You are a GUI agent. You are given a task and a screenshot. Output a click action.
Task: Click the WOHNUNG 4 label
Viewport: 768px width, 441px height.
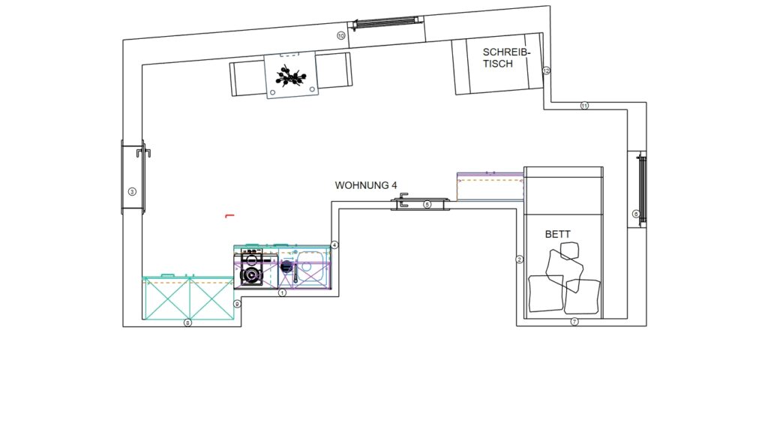pos(366,185)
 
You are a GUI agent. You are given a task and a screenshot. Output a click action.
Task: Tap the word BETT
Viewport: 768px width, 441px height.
pos(558,234)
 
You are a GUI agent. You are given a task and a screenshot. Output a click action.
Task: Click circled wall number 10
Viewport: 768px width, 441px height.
pos(341,36)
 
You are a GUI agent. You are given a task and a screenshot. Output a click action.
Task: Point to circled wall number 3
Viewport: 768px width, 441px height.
pos(132,191)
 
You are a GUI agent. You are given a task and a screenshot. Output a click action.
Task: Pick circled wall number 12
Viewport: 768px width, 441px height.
pos(546,70)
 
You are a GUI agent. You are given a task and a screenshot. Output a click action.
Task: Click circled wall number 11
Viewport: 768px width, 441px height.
pos(584,105)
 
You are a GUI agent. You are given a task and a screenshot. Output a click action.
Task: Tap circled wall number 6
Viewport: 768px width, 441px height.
pos(636,214)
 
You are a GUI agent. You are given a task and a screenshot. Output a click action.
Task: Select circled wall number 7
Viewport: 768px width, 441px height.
pos(574,322)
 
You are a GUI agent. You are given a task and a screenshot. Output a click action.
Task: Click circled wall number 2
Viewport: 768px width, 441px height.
pos(520,259)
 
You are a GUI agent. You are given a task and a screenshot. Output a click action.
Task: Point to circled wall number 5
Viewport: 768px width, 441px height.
pos(427,204)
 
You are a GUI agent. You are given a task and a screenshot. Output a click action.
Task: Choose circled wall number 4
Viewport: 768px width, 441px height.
pos(334,245)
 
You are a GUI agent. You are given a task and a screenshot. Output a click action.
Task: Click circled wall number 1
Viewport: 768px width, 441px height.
pos(282,292)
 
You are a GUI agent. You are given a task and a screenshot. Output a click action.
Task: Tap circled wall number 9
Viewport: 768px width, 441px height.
pos(237,304)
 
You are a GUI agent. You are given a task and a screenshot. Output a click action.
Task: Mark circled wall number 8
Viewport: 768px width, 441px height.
pos(187,322)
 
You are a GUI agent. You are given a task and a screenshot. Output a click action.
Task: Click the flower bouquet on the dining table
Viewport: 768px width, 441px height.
pos(291,76)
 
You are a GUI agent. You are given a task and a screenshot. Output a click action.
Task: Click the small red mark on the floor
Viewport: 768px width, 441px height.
pos(229,215)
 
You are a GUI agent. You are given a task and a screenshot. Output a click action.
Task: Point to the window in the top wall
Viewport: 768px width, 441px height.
pos(386,22)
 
